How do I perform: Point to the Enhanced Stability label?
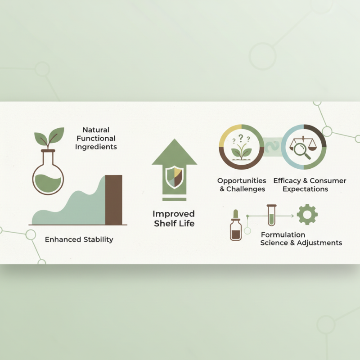79,239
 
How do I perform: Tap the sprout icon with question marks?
241,147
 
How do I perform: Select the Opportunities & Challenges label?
242,185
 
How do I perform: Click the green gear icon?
307,215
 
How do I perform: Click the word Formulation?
283,235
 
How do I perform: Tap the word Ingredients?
96,147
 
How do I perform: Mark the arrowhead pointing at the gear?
292,216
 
